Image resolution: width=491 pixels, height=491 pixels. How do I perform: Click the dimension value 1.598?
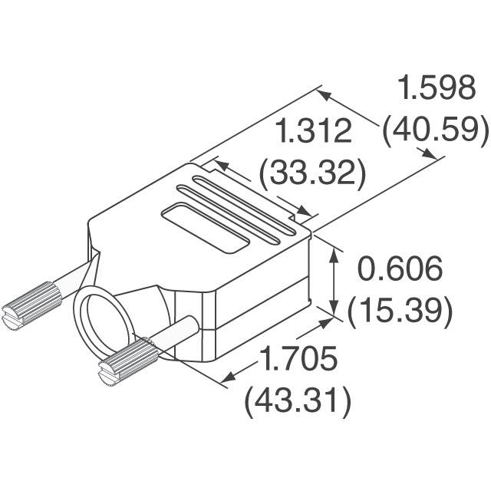tap(435, 89)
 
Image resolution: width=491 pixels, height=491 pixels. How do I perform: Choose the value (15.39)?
tap(397, 310)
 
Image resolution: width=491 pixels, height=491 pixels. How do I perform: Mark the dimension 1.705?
tap(299, 358)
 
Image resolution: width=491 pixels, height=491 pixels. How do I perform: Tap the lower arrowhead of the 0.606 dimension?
tap(334, 308)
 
